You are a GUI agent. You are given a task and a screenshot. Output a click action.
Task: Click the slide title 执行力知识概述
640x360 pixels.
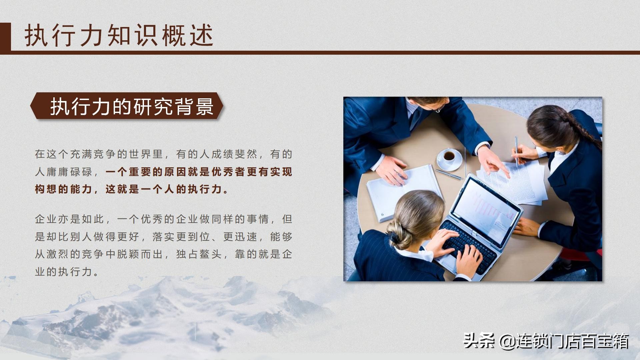[119, 35]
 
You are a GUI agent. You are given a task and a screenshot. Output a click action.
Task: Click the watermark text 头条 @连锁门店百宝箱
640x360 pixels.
[546, 341]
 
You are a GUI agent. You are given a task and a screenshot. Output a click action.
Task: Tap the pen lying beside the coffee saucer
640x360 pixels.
[448, 174]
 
